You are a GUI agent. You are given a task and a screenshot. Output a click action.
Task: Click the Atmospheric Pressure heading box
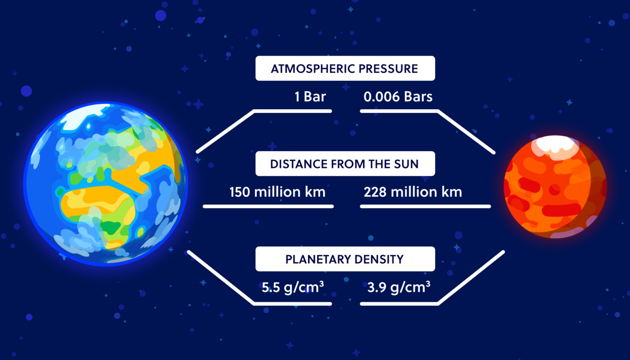pos(345,68)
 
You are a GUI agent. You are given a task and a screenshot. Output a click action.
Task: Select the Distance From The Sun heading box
pos(345,164)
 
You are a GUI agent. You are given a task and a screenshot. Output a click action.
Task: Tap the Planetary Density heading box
pos(345,259)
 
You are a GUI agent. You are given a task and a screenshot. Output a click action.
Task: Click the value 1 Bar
pos(310,97)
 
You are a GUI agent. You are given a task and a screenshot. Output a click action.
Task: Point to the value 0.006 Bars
pos(398,97)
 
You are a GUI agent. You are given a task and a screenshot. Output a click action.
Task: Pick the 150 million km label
pos(278,192)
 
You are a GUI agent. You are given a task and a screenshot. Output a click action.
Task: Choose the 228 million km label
pos(413,192)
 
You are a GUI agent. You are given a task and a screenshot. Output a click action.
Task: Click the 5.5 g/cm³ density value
pos(293,287)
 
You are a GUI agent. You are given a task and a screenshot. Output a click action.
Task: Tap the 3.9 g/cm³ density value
pos(399,287)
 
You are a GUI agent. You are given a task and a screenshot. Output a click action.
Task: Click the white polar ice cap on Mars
pos(555,145)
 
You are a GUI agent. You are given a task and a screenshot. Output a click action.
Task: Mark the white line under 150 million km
pos(268,207)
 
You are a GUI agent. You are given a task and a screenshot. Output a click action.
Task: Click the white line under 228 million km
pos(426,207)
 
